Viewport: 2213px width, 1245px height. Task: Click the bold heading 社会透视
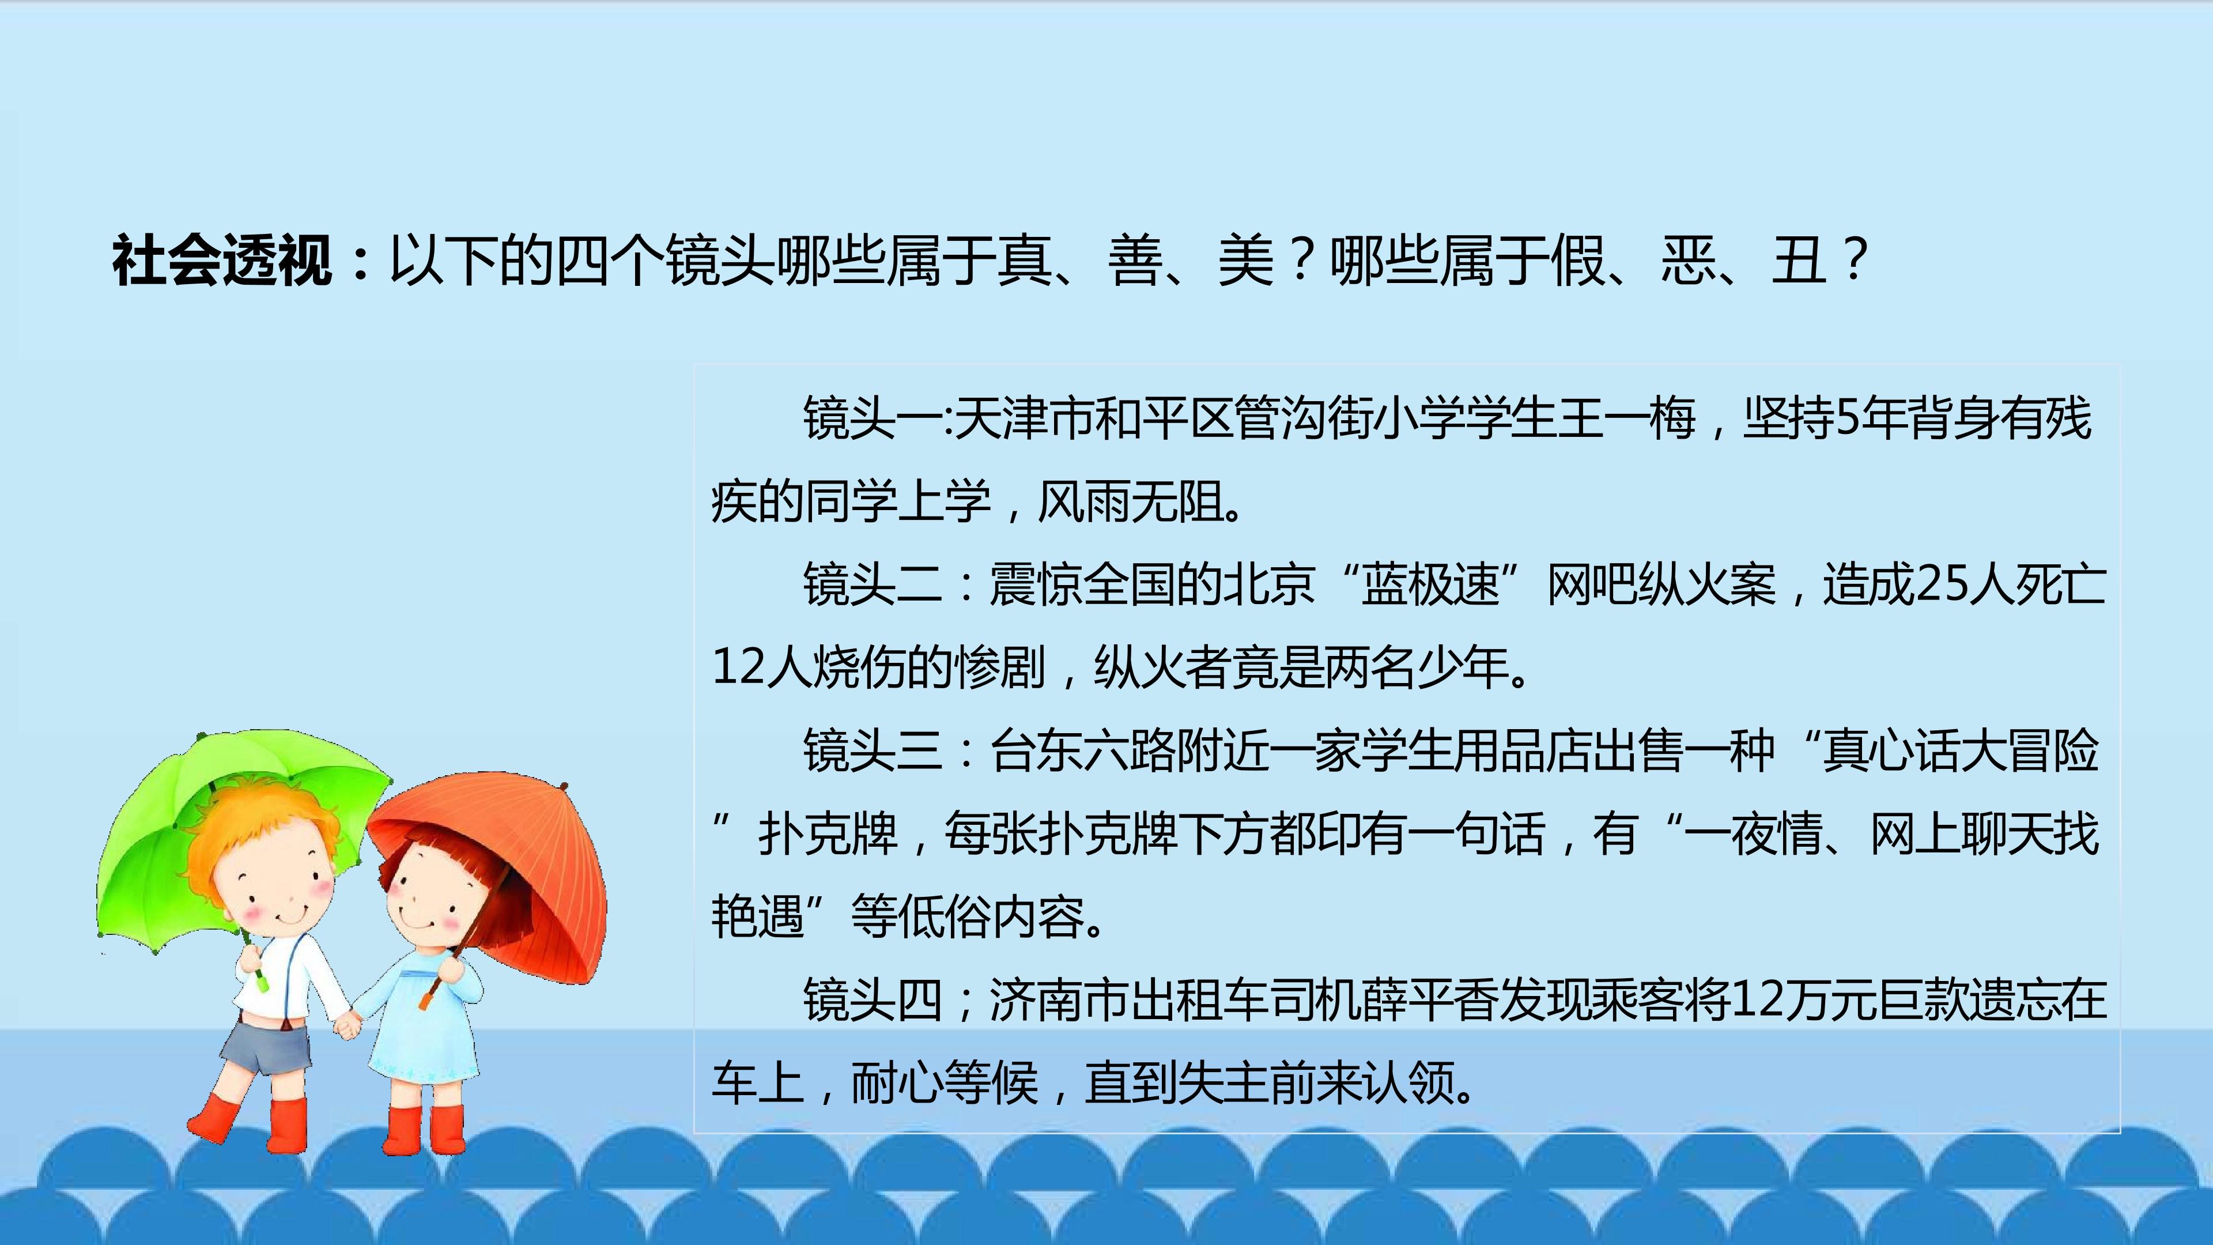(x=222, y=261)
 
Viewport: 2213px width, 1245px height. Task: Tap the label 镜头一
(x=872, y=419)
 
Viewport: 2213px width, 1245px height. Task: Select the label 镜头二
(x=872, y=585)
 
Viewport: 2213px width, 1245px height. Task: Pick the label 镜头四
(x=872, y=999)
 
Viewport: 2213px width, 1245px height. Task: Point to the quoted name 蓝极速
(x=1430, y=585)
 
